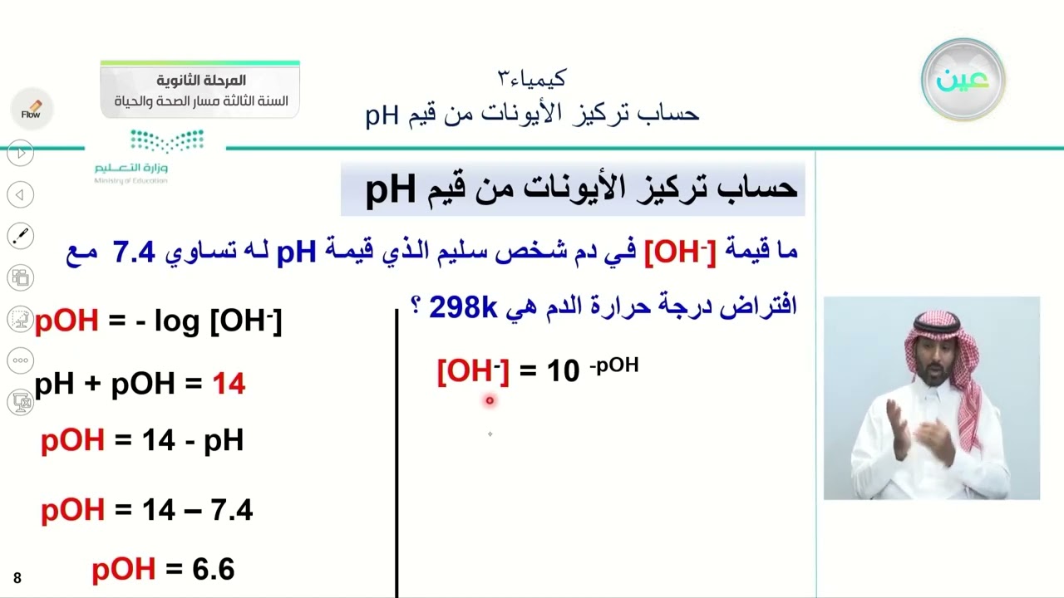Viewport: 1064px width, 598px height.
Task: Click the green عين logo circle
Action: tap(963, 80)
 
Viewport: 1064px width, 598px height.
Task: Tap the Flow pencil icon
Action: tap(32, 110)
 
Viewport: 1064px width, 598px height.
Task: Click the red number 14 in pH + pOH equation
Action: tap(228, 384)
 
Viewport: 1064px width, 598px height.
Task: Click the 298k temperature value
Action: tap(462, 307)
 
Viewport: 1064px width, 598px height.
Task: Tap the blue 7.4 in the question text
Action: tap(134, 252)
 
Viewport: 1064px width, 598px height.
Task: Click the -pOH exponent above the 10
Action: tap(614, 365)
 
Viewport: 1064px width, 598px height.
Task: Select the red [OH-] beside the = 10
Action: tap(472, 371)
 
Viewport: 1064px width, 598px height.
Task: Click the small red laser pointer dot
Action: tap(490, 400)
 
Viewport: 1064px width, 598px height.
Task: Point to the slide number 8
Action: tap(17, 578)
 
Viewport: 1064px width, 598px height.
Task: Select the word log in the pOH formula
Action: tap(176, 321)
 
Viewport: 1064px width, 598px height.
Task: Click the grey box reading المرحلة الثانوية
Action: tap(200, 90)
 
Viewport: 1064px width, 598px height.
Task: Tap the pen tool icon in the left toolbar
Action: tap(21, 236)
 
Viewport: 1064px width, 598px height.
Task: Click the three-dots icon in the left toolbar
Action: tap(21, 360)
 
